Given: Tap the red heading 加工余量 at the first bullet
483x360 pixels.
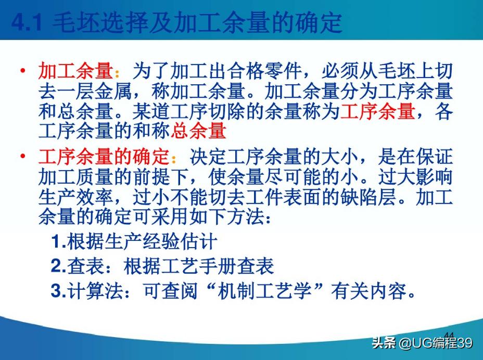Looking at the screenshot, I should (x=75, y=71).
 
